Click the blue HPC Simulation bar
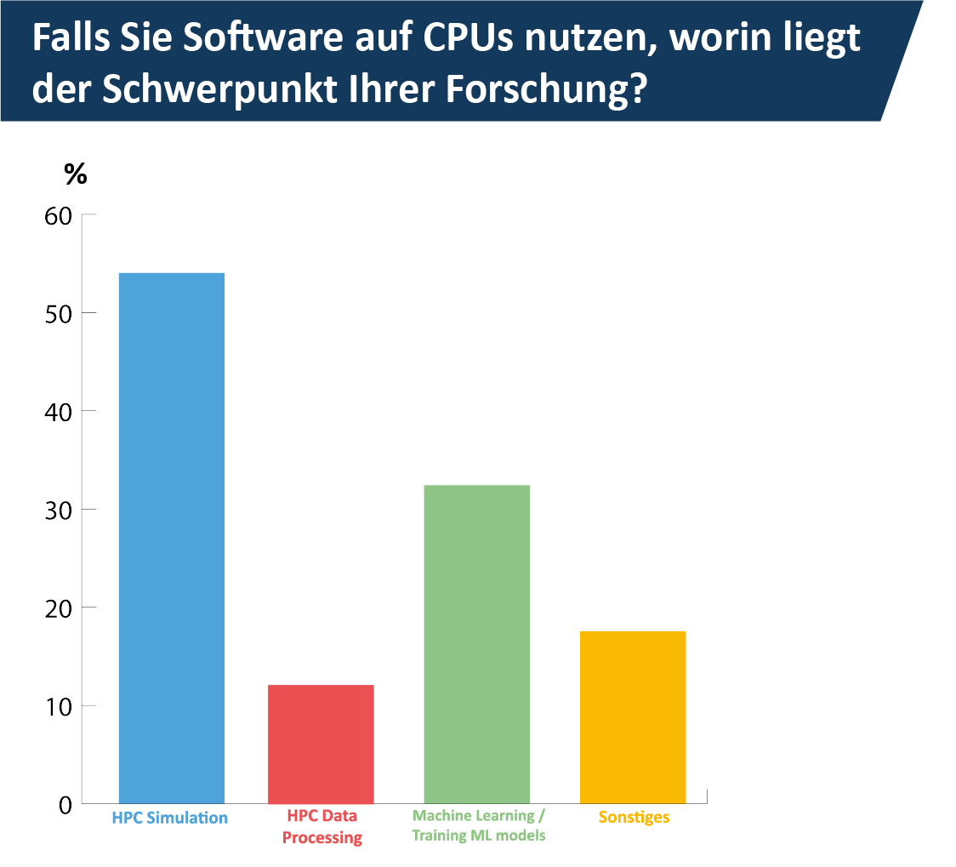[x=171, y=538]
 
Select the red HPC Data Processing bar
[x=321, y=744]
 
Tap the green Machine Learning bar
[x=476, y=644]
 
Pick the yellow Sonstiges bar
[x=633, y=716]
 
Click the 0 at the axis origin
[x=65, y=804]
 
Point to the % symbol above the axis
[x=76, y=174]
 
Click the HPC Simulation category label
[x=170, y=819]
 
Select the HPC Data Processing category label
[x=322, y=827]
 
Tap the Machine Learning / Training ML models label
[x=478, y=825]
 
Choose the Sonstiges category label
[x=634, y=818]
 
